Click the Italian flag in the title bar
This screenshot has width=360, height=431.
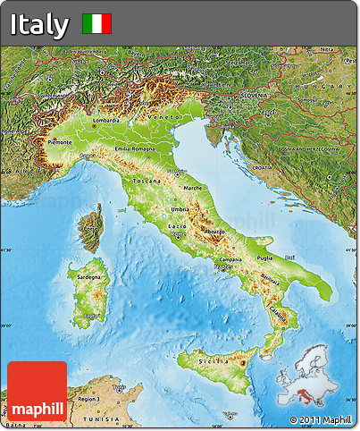pos(96,24)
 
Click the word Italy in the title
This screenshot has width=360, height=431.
pos(39,24)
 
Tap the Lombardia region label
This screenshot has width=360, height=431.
pos(105,119)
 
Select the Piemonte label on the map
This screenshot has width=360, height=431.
pos(59,141)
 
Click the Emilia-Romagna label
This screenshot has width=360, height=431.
pos(135,148)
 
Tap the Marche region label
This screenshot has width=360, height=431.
pos(192,188)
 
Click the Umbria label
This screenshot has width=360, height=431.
pos(180,209)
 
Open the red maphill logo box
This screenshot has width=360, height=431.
pos(37,391)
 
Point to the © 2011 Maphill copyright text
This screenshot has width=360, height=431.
pos(321,419)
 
